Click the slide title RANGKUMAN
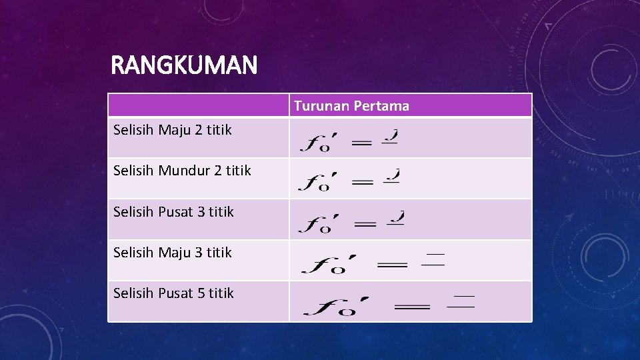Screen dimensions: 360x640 pos(183,65)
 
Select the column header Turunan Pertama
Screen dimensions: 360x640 pos(351,106)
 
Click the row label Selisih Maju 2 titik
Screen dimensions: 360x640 pos(172,130)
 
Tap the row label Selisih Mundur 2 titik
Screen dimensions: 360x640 pos(182,171)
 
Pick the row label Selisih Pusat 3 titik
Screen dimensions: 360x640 pos(173,212)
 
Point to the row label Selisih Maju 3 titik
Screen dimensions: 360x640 pos(172,253)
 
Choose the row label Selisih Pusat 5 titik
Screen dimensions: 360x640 pos(173,293)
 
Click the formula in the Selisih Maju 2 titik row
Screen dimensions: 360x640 pos(349,139)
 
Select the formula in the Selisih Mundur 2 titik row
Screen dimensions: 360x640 pos(349,180)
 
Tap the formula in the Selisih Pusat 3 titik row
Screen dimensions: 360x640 pos(351,221)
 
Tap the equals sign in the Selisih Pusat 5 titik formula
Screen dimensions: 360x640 pos(412,307)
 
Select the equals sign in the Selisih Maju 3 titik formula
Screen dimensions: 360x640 pos(392,265)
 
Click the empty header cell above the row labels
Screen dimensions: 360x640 pos(199,105)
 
